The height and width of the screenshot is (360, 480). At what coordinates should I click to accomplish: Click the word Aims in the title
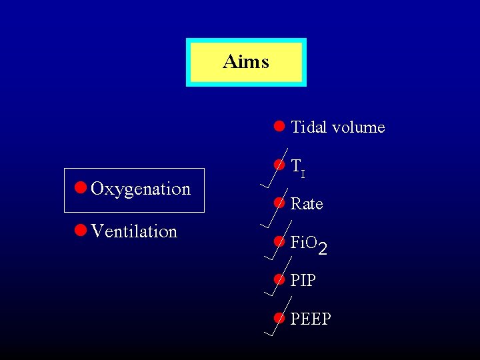pyautogui.click(x=246, y=62)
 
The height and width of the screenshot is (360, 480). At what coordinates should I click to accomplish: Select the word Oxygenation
pyautogui.click(x=141, y=189)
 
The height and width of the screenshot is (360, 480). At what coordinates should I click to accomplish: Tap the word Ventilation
pyautogui.click(x=134, y=232)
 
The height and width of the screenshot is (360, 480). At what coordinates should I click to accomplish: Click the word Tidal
pyautogui.click(x=309, y=127)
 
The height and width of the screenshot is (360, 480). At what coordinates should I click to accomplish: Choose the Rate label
pyautogui.click(x=307, y=204)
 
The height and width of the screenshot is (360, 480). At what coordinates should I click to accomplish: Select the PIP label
pyautogui.click(x=303, y=281)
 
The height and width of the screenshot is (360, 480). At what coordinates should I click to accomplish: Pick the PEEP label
pyautogui.click(x=311, y=319)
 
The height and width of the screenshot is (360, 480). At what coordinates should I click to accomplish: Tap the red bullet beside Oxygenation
pyautogui.click(x=80, y=188)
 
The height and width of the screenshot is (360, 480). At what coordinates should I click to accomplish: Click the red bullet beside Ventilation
pyautogui.click(x=80, y=231)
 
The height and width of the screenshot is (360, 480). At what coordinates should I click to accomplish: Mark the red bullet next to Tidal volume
pyautogui.click(x=279, y=125)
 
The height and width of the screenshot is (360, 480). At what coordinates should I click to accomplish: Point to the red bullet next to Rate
pyautogui.click(x=279, y=203)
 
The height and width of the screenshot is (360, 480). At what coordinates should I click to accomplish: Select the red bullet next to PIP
pyautogui.click(x=279, y=279)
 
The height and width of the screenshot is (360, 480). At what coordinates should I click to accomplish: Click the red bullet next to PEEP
pyautogui.click(x=279, y=318)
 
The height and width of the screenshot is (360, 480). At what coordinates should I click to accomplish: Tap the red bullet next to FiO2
pyautogui.click(x=279, y=241)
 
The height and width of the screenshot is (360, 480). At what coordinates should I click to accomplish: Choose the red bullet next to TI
pyautogui.click(x=279, y=164)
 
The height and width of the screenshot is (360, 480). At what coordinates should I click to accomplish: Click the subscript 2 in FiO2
pyautogui.click(x=323, y=250)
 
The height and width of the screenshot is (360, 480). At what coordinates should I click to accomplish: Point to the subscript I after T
pyautogui.click(x=303, y=174)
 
